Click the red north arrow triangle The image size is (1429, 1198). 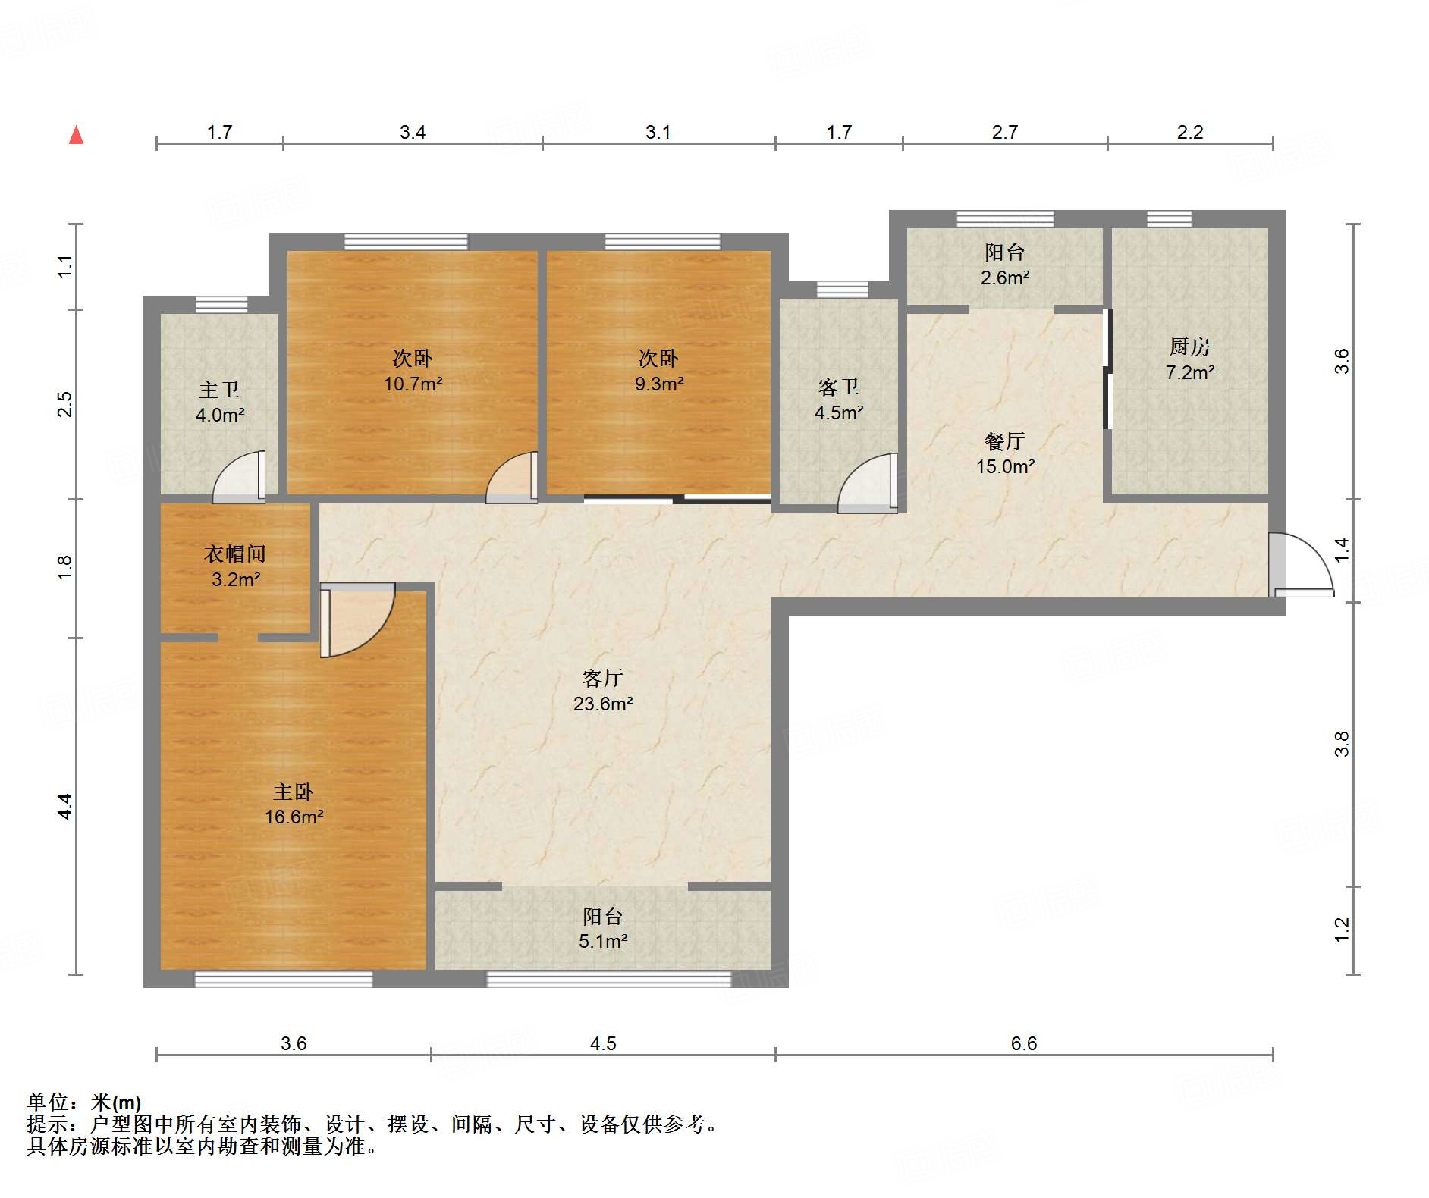tap(76, 135)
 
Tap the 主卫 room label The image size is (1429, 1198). tap(219, 390)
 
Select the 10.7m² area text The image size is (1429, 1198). tap(413, 384)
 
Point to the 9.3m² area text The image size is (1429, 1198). tap(659, 384)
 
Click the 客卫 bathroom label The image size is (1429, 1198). tap(839, 387)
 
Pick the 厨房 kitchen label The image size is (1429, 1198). tap(1189, 347)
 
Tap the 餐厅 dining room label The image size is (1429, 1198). tap(1004, 441)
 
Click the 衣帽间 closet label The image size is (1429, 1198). tap(235, 554)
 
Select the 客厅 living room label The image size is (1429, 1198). tap(603, 678)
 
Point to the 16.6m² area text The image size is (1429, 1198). tap(294, 817)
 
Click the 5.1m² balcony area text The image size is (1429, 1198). tap(603, 941)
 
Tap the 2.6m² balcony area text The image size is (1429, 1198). tap(1005, 278)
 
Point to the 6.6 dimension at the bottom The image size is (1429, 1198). tap(1023, 1043)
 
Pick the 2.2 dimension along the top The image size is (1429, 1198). tap(1190, 132)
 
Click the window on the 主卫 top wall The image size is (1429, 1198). tap(221, 305)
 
